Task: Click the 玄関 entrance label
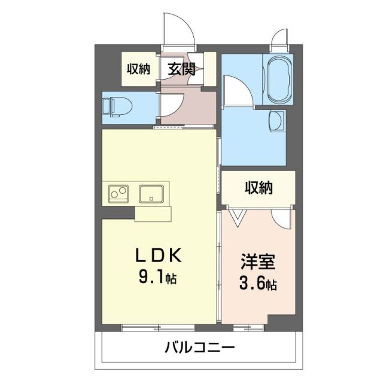click(x=182, y=69)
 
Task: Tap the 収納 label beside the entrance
click(x=138, y=69)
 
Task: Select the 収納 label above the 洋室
click(x=259, y=188)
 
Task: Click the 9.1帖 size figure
click(x=157, y=278)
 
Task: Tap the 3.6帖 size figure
click(x=259, y=284)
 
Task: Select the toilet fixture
click(x=114, y=107)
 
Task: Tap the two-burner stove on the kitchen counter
click(x=118, y=194)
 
